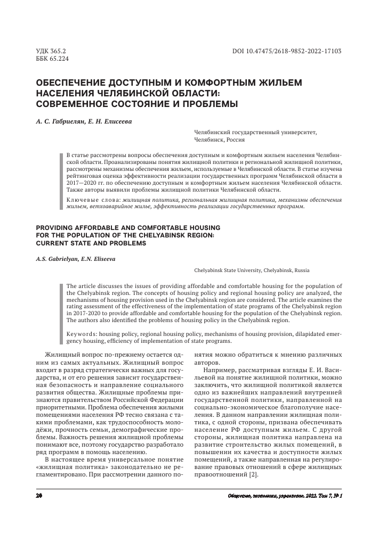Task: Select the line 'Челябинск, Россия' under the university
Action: [x=220, y=140]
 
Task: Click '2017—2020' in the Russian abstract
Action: [x=81, y=182]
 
